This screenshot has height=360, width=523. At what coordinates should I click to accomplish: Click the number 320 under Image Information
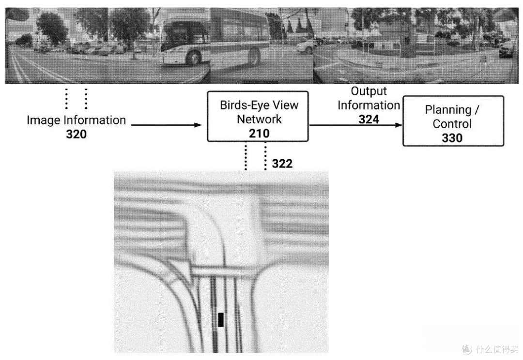[x=77, y=134]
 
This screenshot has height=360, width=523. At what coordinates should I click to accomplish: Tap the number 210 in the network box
[x=259, y=134]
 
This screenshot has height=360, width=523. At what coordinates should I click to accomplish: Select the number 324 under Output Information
[x=369, y=120]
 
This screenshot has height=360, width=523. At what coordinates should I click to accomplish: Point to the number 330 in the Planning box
[x=452, y=138]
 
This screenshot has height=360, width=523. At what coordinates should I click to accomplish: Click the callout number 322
[x=282, y=164]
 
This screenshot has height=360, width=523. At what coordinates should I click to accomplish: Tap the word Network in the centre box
[x=259, y=120]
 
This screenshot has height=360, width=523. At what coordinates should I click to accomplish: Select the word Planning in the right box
[x=448, y=110]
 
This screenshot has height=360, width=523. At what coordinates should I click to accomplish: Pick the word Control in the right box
[x=452, y=124]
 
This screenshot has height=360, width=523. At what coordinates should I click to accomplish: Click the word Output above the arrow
[x=369, y=91]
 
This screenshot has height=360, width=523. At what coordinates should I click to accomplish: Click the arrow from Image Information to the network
[x=167, y=125]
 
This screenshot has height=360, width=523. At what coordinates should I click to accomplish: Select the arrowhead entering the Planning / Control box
[x=399, y=125]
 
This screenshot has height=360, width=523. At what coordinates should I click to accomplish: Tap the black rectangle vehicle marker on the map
[x=221, y=320]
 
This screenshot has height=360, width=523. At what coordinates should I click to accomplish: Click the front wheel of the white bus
[x=193, y=57]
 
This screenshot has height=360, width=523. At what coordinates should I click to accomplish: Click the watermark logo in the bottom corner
[x=467, y=349]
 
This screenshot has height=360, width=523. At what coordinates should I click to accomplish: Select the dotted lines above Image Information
[x=77, y=99]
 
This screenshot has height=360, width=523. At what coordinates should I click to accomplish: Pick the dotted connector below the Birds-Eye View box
[x=256, y=156]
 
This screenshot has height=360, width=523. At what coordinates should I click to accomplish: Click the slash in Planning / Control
[x=477, y=110]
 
